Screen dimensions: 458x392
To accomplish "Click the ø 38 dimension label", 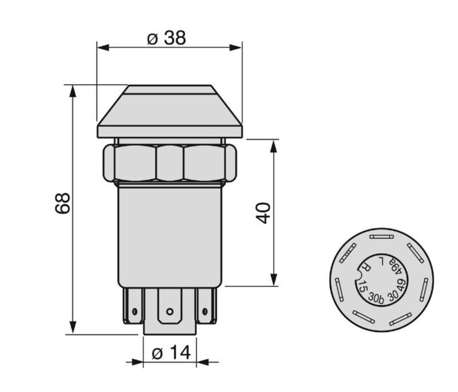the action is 166,38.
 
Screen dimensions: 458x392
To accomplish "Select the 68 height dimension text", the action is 62,203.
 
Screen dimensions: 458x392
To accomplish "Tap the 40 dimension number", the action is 263,213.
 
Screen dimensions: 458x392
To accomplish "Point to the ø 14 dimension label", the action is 171,353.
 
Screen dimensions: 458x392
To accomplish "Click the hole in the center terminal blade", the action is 169,312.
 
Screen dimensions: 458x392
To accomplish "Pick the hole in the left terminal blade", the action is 135,311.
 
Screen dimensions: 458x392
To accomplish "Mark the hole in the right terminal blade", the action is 205,311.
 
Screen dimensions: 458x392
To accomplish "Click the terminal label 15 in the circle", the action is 362,286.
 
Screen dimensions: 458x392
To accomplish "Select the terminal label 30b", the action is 376,298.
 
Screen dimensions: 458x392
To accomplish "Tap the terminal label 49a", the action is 396,266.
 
